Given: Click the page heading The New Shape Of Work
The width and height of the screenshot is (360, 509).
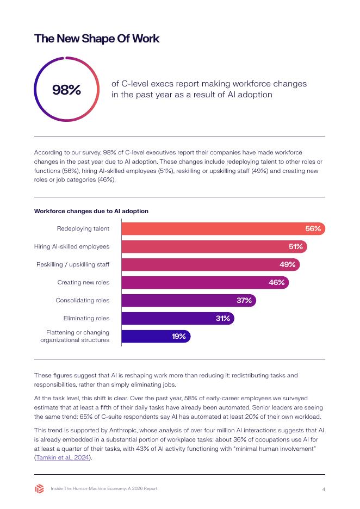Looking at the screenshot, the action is [97, 38].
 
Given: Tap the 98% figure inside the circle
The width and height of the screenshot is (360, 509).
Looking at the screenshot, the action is [66, 90].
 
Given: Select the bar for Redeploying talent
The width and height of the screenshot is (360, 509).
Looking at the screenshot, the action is [224, 228].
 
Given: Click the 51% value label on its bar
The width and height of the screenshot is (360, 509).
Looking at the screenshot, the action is [296, 247].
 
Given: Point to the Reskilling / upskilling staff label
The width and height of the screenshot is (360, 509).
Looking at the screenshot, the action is [73, 265].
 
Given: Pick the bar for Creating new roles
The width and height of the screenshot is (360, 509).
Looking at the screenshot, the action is [205, 282].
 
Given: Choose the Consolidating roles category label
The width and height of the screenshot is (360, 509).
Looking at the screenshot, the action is [83, 300].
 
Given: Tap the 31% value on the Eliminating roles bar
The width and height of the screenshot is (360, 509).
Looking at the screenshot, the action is [222, 319].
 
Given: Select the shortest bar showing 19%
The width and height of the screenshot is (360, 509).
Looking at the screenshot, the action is [156, 336].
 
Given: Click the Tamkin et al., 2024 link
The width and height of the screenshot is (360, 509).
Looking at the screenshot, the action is [63, 457].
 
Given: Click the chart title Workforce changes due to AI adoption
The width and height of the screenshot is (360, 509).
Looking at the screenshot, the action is [91, 211].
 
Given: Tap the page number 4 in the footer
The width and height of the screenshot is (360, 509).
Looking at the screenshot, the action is [324, 489].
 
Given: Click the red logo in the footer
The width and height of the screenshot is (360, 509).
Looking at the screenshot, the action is [39, 488].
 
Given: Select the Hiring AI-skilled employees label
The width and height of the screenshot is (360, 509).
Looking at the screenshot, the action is [72, 247].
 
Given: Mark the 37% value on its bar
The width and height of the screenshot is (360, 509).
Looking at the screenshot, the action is [244, 300].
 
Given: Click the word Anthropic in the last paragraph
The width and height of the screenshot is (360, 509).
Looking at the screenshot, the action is [125, 431].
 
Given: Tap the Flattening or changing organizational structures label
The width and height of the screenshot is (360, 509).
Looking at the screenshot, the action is [75, 336].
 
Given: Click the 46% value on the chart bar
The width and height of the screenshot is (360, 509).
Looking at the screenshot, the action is [277, 282].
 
